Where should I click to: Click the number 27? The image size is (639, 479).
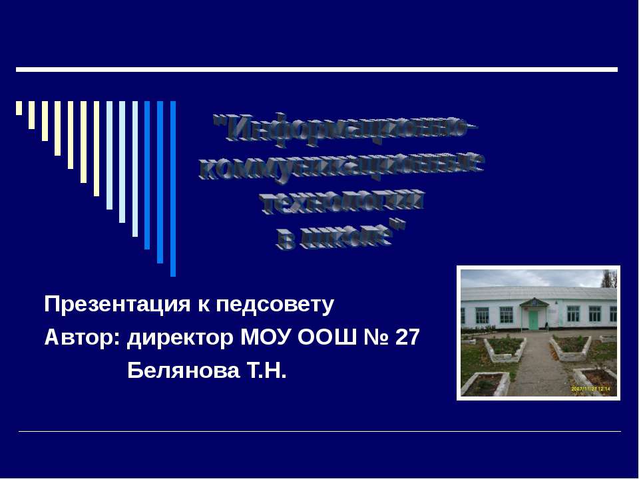pos(407,337)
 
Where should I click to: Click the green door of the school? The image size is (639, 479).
pos(534,319)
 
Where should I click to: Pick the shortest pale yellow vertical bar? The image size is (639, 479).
pos(19,108)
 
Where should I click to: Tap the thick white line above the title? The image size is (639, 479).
pos(317,69)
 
